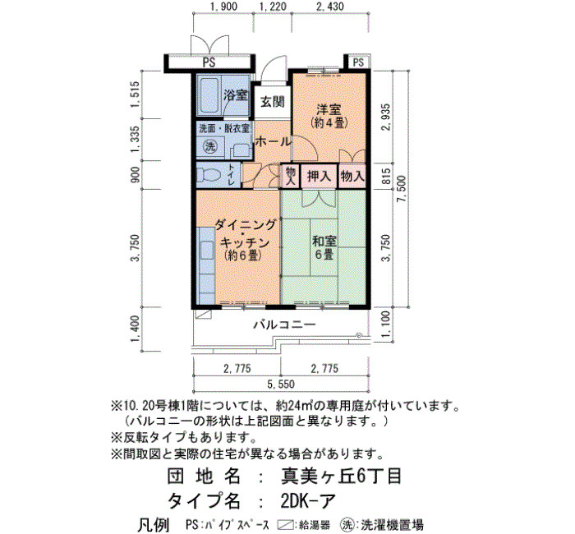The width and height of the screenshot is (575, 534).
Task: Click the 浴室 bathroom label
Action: click(x=236, y=96)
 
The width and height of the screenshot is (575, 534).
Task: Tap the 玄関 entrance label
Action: click(x=272, y=102)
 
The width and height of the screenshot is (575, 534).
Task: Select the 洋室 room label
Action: click(x=329, y=109)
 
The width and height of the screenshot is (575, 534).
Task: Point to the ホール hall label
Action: click(x=273, y=141)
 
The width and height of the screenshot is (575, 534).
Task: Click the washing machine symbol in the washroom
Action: click(x=210, y=147)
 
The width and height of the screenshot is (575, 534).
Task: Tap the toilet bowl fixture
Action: click(x=208, y=175)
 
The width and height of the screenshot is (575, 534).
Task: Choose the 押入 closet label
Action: click(x=319, y=177)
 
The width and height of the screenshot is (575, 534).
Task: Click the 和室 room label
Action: click(x=324, y=241)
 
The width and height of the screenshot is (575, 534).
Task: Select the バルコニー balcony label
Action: click(x=284, y=325)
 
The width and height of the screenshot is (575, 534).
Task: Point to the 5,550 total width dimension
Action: click(x=281, y=384)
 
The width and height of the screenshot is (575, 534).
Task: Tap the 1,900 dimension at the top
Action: click(x=223, y=7)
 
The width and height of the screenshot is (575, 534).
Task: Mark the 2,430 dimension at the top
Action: click(x=329, y=7)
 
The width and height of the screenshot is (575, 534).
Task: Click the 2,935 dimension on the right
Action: click(x=386, y=117)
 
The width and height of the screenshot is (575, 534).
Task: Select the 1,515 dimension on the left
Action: click(x=135, y=94)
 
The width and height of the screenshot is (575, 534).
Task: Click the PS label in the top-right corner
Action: click(x=358, y=62)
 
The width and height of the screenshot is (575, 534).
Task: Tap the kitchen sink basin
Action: click(x=207, y=251)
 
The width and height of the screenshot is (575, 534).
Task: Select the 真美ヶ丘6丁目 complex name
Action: click(x=341, y=476)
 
